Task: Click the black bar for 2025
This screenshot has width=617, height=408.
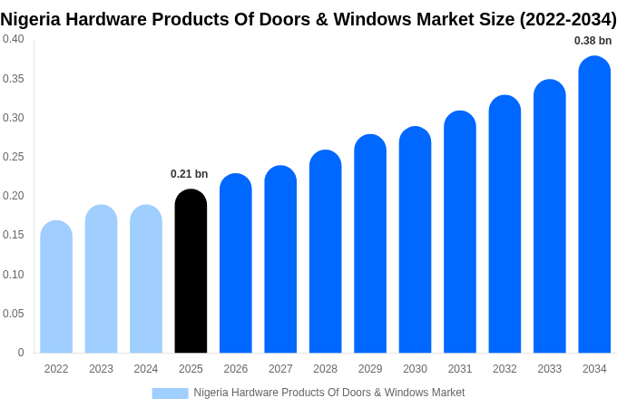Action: point(191,272)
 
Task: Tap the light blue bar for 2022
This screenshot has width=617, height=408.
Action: point(56,287)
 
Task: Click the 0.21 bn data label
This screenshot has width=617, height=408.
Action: point(189,174)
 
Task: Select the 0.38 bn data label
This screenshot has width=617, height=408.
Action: point(593,41)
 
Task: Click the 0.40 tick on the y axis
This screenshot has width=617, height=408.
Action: point(14,39)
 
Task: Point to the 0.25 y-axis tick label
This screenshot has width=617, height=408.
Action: point(14,157)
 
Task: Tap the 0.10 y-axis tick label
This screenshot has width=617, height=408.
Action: point(14,275)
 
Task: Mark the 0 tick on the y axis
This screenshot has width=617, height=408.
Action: point(21,353)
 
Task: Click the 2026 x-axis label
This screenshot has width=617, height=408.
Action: point(235,369)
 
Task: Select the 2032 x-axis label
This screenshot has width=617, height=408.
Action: point(504,369)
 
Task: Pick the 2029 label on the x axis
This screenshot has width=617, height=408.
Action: point(370,369)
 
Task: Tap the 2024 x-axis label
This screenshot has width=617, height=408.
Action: point(146,369)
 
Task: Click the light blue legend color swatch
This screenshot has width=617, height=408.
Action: point(170,393)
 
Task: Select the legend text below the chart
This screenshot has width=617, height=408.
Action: point(328,393)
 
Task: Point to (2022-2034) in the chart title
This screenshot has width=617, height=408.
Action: point(567,18)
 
